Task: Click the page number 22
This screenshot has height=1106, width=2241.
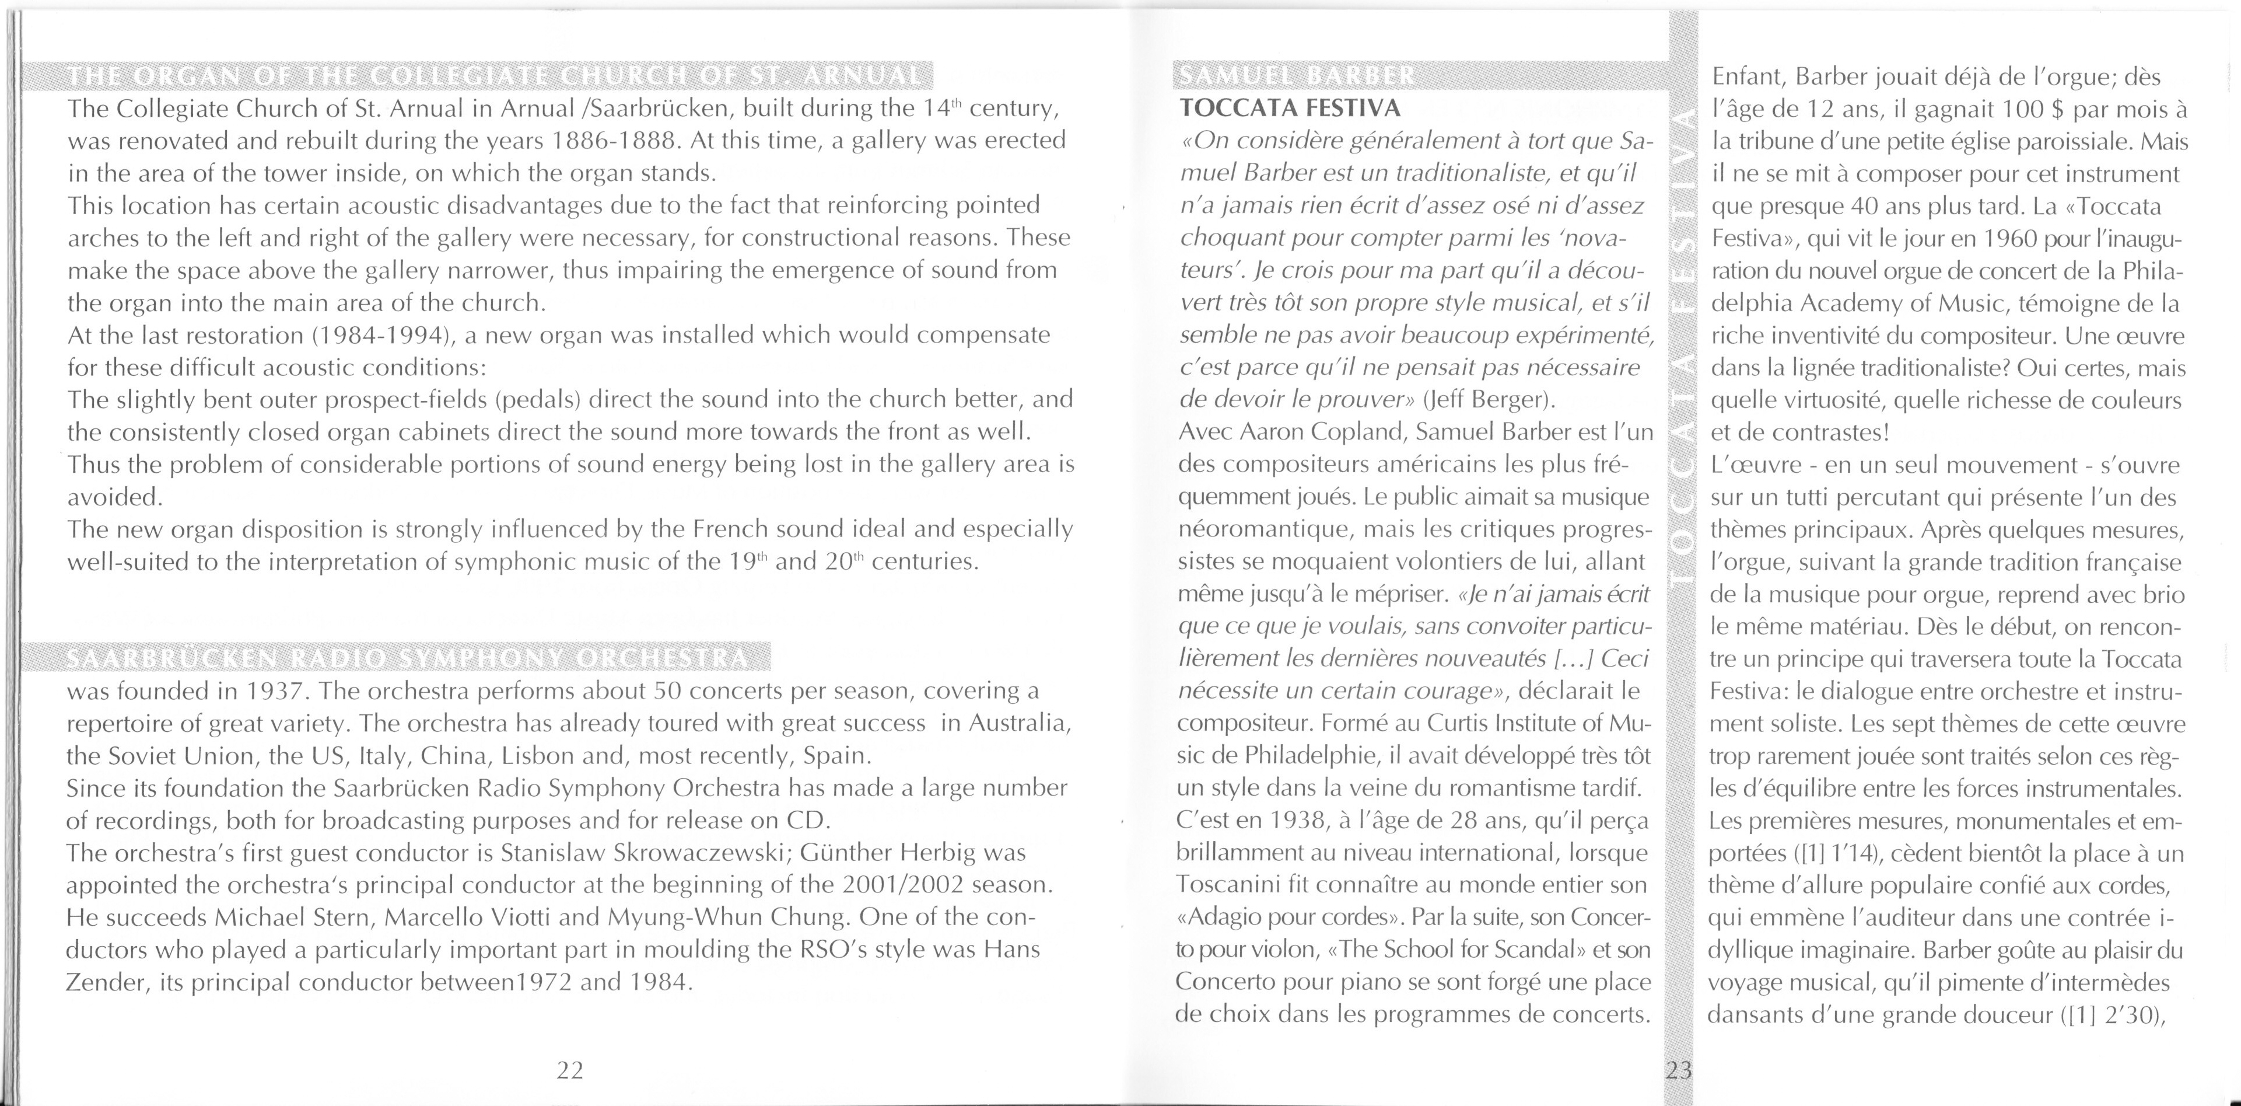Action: (x=570, y=1069)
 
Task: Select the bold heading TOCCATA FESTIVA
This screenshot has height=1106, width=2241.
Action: (x=1289, y=109)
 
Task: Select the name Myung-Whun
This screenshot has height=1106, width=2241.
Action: (x=676, y=918)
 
